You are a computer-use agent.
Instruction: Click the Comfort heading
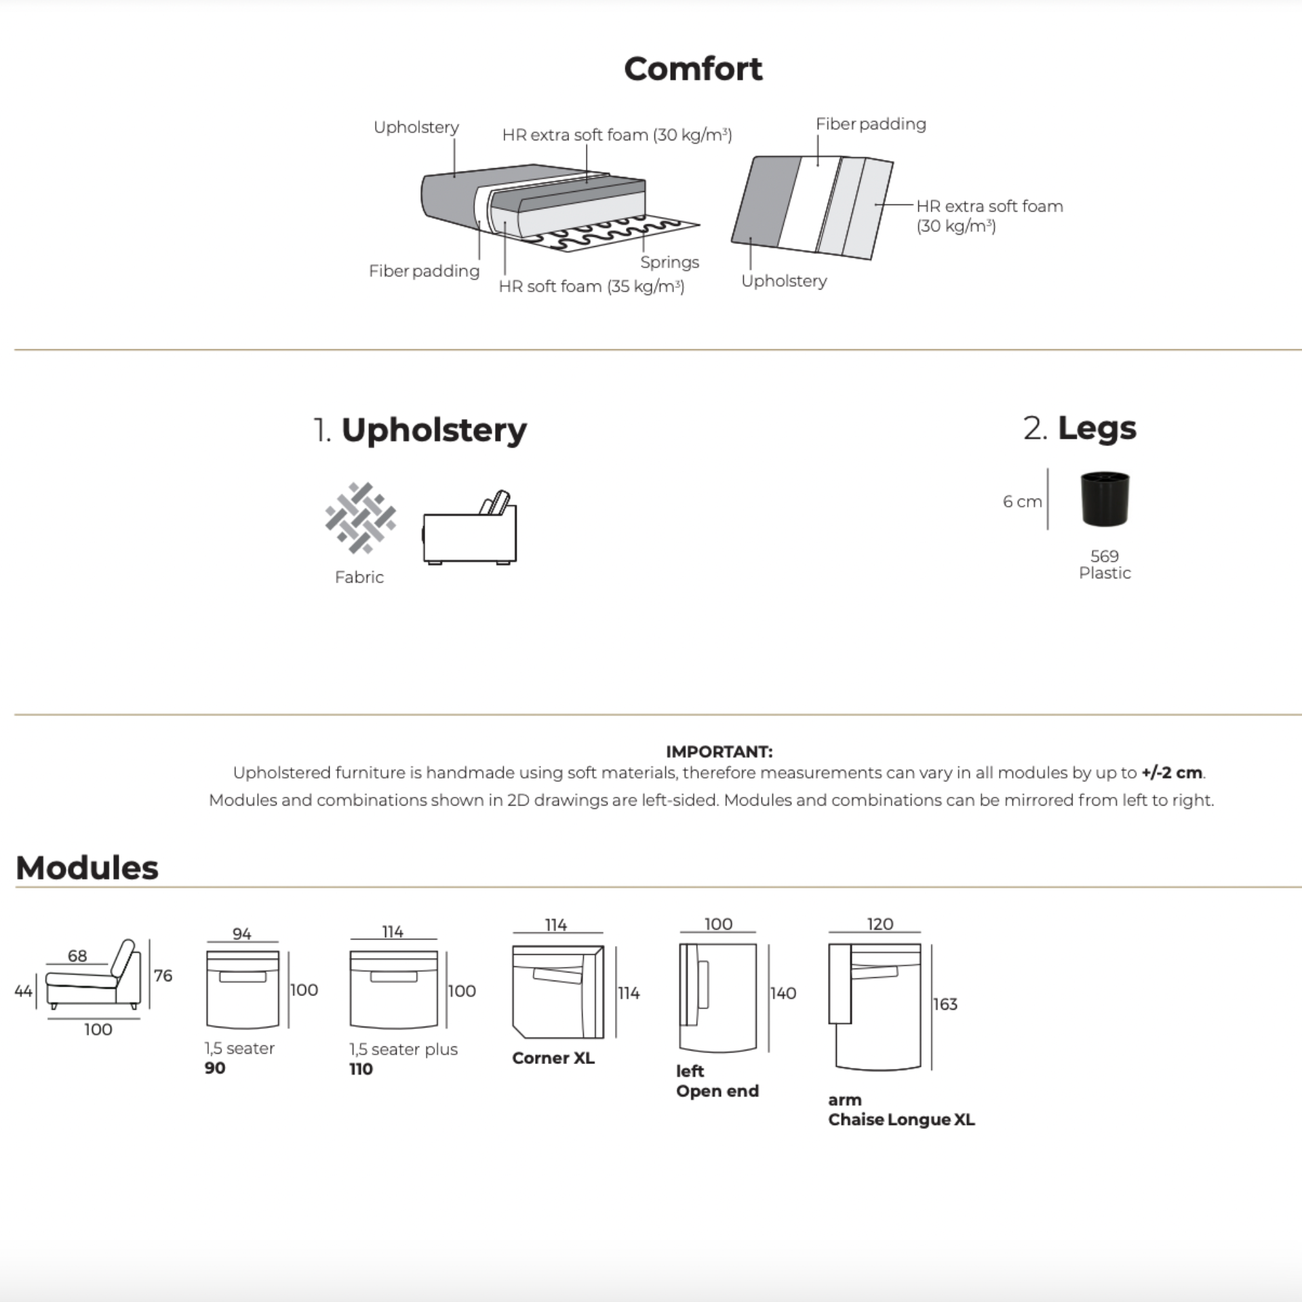pyautogui.click(x=692, y=69)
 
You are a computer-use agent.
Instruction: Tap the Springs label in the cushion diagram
pyautogui.click(x=669, y=262)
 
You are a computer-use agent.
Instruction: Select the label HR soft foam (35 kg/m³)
pyautogui.click(x=591, y=287)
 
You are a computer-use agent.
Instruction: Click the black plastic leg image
pyautogui.click(x=1105, y=500)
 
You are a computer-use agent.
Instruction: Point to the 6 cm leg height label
pyautogui.click(x=1022, y=502)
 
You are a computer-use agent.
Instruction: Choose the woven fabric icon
pyautogui.click(x=360, y=517)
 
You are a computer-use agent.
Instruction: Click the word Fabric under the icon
pyautogui.click(x=359, y=577)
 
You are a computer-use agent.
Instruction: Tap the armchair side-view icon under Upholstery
pyautogui.click(x=470, y=528)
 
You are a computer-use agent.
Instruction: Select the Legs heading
pyautogui.click(x=1096, y=429)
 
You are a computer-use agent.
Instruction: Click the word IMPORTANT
pyautogui.click(x=719, y=751)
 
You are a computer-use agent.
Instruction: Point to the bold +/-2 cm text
pyautogui.click(x=1172, y=772)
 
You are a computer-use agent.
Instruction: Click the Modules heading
pyautogui.click(x=87, y=868)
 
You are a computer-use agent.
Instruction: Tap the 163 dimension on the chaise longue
pyautogui.click(x=945, y=1004)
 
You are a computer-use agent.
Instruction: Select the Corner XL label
pyautogui.click(x=553, y=1059)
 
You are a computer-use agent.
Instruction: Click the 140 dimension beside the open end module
pyautogui.click(x=783, y=993)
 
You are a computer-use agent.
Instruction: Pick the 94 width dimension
pyautogui.click(x=242, y=934)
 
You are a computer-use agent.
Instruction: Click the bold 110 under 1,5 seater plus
pyautogui.click(x=361, y=1069)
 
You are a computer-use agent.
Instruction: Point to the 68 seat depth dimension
pyautogui.click(x=77, y=955)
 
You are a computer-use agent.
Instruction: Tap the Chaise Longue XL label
pyautogui.click(x=901, y=1120)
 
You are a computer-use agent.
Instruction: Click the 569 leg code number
pyautogui.click(x=1104, y=556)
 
